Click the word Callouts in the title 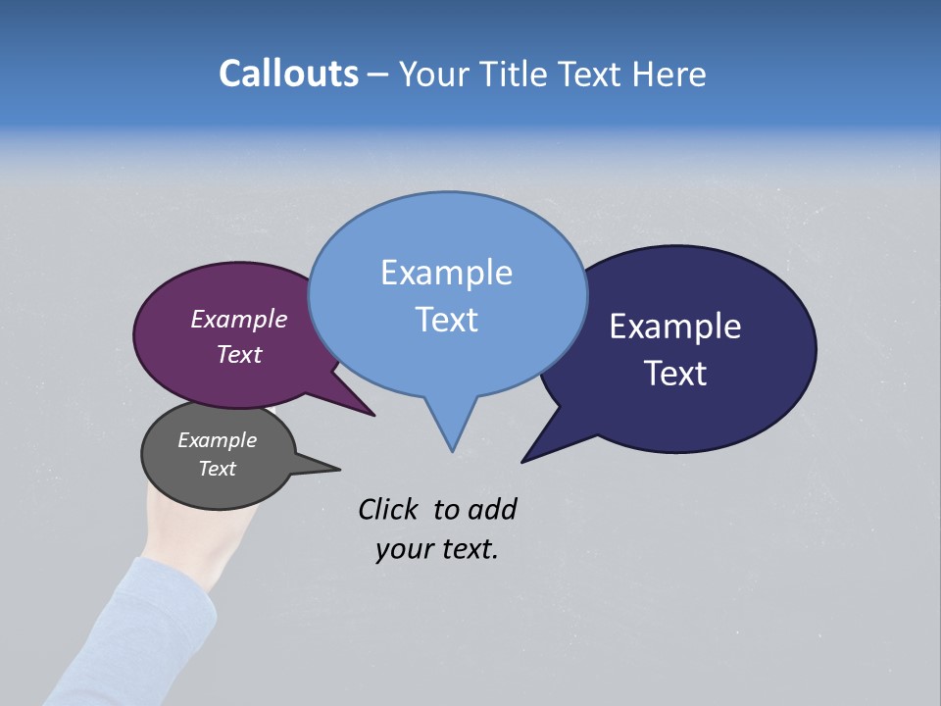(x=288, y=74)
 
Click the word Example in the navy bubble (x=675, y=327)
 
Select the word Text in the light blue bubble (x=447, y=320)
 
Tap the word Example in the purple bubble (x=239, y=320)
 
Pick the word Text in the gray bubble (x=218, y=469)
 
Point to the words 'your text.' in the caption (x=437, y=549)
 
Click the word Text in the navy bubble (x=675, y=374)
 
